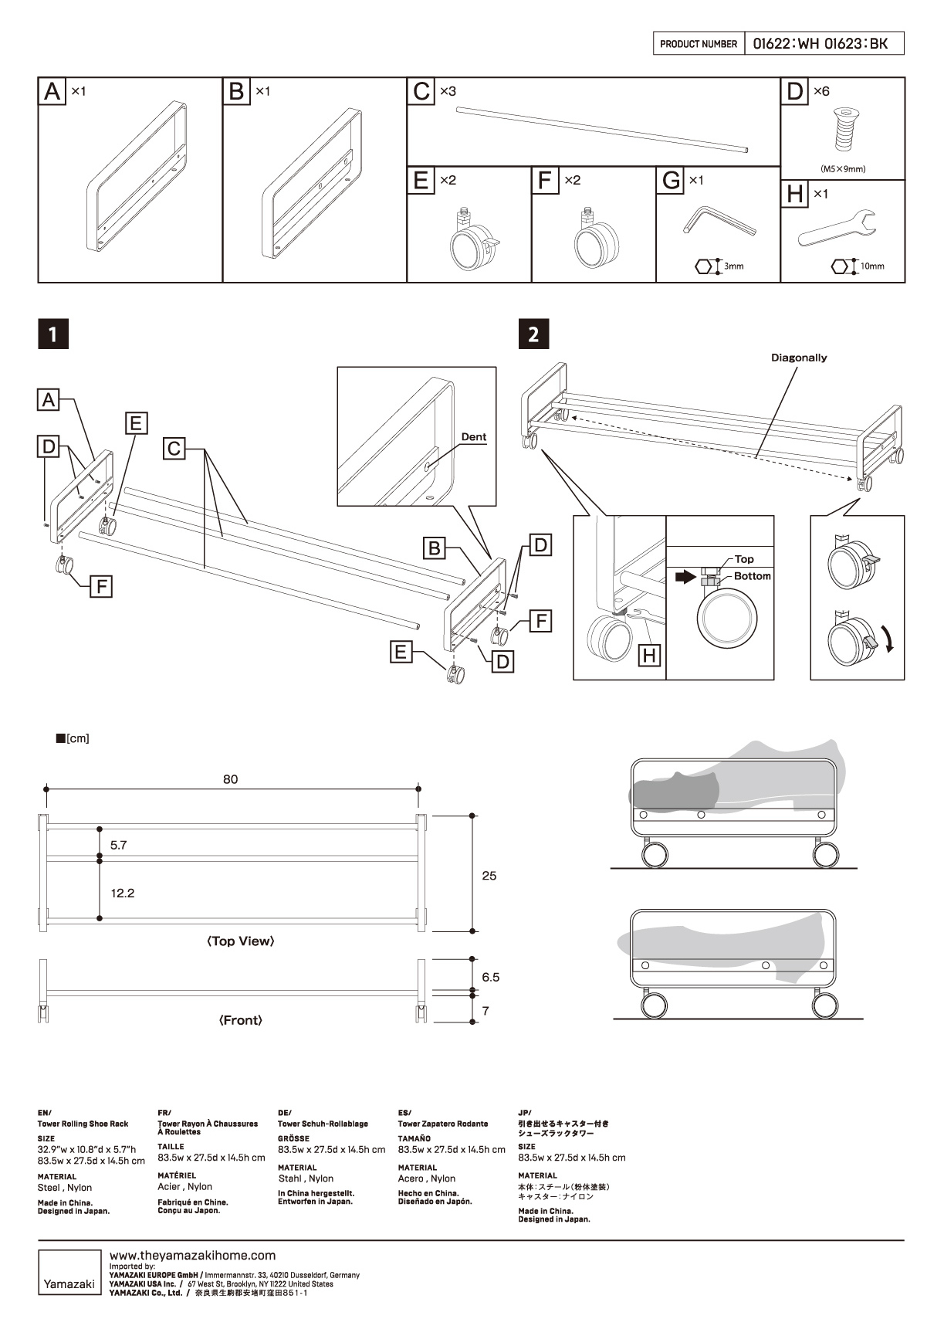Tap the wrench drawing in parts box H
[x=837, y=227]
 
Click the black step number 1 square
[x=53, y=334]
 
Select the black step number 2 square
[x=533, y=334]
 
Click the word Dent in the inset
[x=474, y=437]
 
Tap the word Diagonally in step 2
[x=799, y=358]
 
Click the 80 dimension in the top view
[x=231, y=779]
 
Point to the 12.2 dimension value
[x=123, y=893]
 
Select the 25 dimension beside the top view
[x=489, y=876]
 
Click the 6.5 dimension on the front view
[x=491, y=977]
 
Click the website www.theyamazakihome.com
[x=193, y=1256]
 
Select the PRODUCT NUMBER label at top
[x=699, y=44]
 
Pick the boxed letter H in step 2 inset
[x=650, y=656]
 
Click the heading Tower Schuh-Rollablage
[x=323, y=1124]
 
